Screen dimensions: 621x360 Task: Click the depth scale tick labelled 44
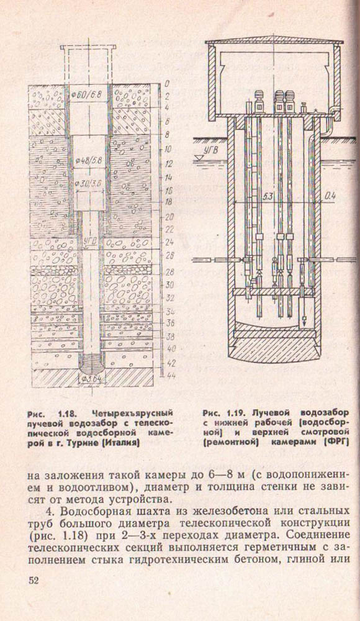tap(170, 376)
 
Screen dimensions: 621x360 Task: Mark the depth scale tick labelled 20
tap(169, 217)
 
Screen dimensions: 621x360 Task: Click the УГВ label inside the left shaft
tap(91, 238)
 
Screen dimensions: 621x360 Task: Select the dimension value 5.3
tap(266, 197)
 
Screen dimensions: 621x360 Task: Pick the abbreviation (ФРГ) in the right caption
tap(336, 442)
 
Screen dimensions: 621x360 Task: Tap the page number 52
tap(34, 580)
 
